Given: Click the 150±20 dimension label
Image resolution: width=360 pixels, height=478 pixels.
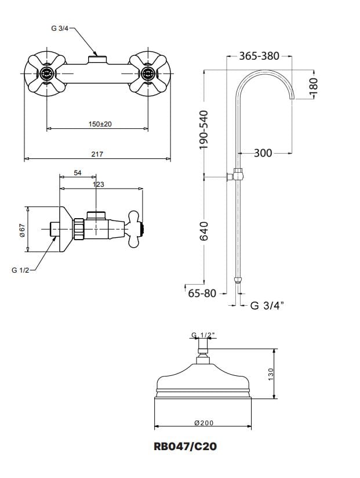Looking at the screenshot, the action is click(x=100, y=124).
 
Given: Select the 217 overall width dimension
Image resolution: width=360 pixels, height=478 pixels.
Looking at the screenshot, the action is click(x=97, y=154).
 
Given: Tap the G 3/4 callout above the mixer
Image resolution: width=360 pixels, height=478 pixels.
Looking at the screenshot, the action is click(x=60, y=28).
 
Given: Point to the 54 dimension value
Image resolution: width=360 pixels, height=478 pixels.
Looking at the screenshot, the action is click(x=78, y=173).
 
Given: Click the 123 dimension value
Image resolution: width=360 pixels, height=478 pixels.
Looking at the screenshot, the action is click(x=98, y=184).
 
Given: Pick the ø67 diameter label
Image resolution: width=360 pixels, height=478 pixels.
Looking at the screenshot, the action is click(x=22, y=230).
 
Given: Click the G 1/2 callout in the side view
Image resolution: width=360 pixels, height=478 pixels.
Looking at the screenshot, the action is click(x=20, y=270).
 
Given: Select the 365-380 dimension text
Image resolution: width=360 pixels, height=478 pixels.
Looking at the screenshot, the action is click(x=259, y=56).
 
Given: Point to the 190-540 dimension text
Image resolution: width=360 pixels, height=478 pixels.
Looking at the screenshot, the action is click(x=203, y=130).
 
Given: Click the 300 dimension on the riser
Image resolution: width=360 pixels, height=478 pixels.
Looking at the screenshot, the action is click(x=263, y=153).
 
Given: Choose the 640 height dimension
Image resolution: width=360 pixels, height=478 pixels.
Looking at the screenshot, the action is click(x=203, y=231).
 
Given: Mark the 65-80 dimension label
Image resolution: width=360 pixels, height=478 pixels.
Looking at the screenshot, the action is click(x=202, y=294).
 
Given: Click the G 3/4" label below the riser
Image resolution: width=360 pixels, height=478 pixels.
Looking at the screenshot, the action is click(x=267, y=305).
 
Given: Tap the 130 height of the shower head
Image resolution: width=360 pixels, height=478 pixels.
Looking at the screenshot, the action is click(x=271, y=374).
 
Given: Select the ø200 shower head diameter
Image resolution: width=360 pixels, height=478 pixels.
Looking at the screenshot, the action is click(x=204, y=423).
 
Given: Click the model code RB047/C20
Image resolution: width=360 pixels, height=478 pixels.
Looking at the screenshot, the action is click(x=186, y=446).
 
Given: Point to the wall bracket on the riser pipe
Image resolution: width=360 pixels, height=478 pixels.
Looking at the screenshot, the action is click(x=235, y=176).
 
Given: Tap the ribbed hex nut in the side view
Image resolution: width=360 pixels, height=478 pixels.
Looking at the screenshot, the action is click(x=78, y=229).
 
